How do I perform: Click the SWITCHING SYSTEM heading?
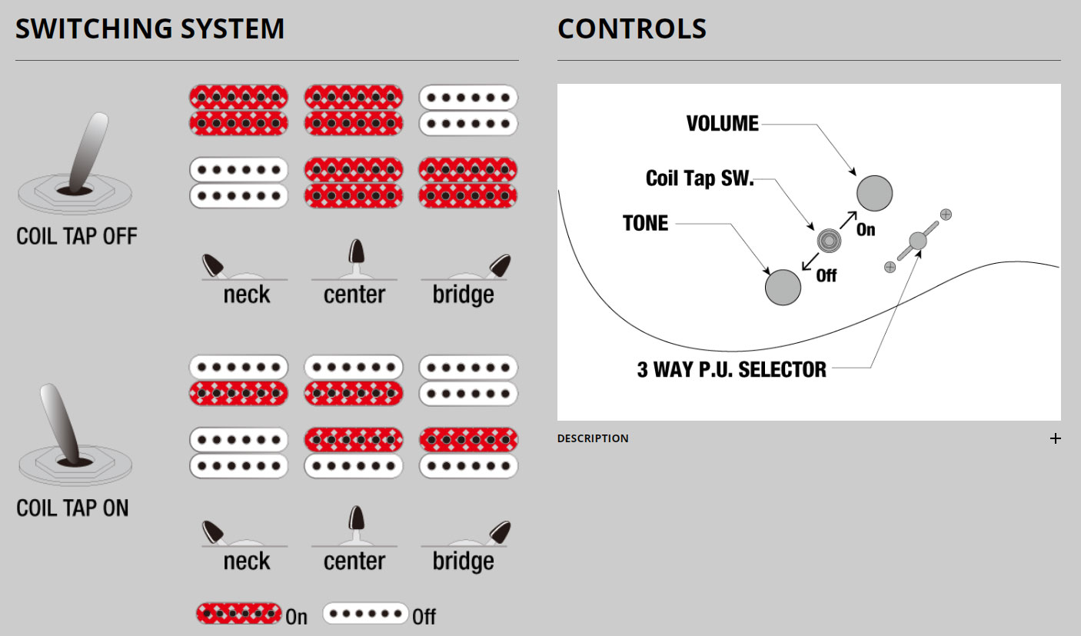(150, 29)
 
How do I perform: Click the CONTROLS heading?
(632, 29)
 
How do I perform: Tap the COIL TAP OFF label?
(77, 236)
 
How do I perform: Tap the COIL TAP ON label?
(72, 508)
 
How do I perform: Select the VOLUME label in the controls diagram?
(722, 124)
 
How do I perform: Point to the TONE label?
(645, 224)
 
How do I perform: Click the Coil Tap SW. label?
(700, 179)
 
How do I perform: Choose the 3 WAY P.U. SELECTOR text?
(731, 369)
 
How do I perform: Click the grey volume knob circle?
(874, 193)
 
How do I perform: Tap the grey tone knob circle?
(783, 288)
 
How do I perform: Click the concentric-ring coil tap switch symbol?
(829, 241)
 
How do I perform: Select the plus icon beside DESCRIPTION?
(1056, 439)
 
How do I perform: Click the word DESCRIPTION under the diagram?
(593, 439)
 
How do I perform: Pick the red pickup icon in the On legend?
(238, 614)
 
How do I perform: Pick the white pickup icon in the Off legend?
(365, 614)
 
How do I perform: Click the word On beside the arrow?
(866, 230)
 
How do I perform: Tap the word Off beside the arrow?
(827, 275)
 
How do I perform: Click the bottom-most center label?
(354, 561)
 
